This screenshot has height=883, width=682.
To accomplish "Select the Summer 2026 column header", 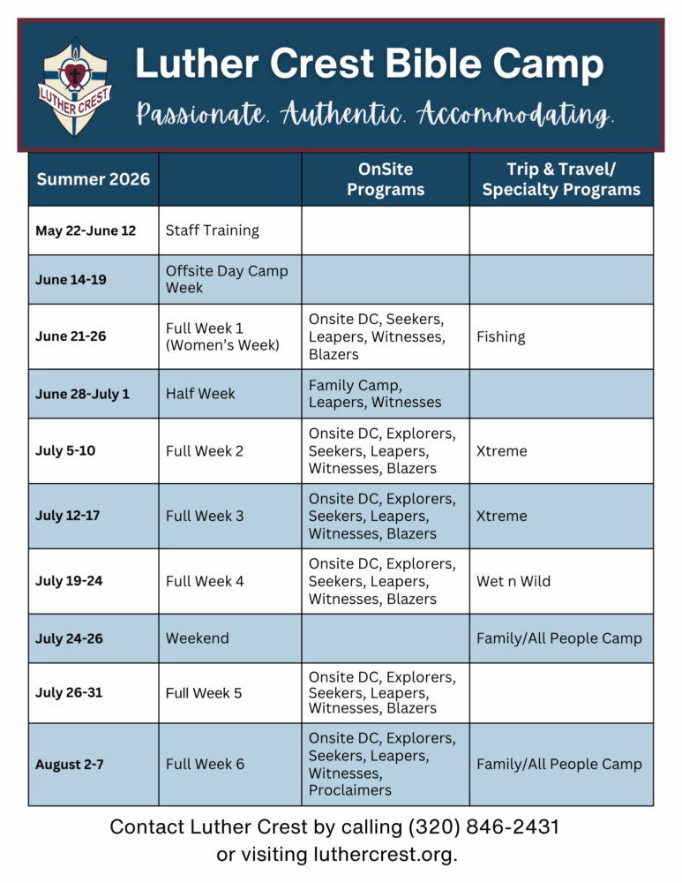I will [93, 179].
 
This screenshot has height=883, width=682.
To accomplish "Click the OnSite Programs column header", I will [385, 179].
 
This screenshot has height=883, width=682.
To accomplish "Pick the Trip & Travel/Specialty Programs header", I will [561, 179].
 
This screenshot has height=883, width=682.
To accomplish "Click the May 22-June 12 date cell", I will [86, 230].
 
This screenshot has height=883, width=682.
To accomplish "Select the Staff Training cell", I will [213, 230].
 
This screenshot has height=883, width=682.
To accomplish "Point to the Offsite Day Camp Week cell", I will [227, 279].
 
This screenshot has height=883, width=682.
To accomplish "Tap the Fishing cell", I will [501, 336].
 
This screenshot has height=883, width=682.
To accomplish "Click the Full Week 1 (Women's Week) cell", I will [222, 336].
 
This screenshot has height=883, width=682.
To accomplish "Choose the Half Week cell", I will [200, 394].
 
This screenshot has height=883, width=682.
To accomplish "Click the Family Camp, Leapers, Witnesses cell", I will [375, 394].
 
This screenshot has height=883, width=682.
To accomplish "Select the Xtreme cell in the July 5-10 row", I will [502, 450].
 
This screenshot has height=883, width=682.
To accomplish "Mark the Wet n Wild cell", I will [513, 581].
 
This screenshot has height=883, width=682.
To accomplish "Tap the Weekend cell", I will [198, 638].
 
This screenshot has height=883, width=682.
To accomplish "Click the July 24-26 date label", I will [69, 638].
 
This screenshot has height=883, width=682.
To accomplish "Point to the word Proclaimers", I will [350, 790].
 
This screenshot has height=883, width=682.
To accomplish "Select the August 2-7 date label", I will [69, 765].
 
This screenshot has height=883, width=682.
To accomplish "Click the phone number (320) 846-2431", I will [483, 827].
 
